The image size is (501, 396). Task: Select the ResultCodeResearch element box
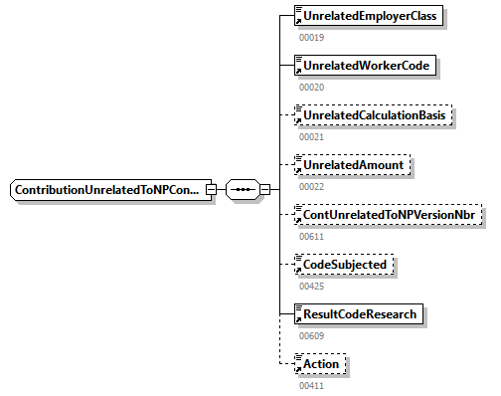[x=361, y=314]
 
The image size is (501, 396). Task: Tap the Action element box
[x=320, y=364]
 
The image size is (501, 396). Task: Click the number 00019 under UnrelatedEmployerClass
[x=312, y=37]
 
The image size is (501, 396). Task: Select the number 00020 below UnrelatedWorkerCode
[x=312, y=87]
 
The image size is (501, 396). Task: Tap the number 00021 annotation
[x=312, y=136]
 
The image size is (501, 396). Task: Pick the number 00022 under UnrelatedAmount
[x=312, y=186]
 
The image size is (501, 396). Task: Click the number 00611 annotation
[x=312, y=236]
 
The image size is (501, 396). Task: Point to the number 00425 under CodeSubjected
[x=312, y=286]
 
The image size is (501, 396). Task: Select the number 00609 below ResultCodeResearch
[x=312, y=335]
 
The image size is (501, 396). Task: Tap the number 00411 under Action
[x=312, y=384]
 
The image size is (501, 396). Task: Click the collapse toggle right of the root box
[x=211, y=189]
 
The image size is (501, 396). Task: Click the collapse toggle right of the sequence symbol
[x=265, y=189]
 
